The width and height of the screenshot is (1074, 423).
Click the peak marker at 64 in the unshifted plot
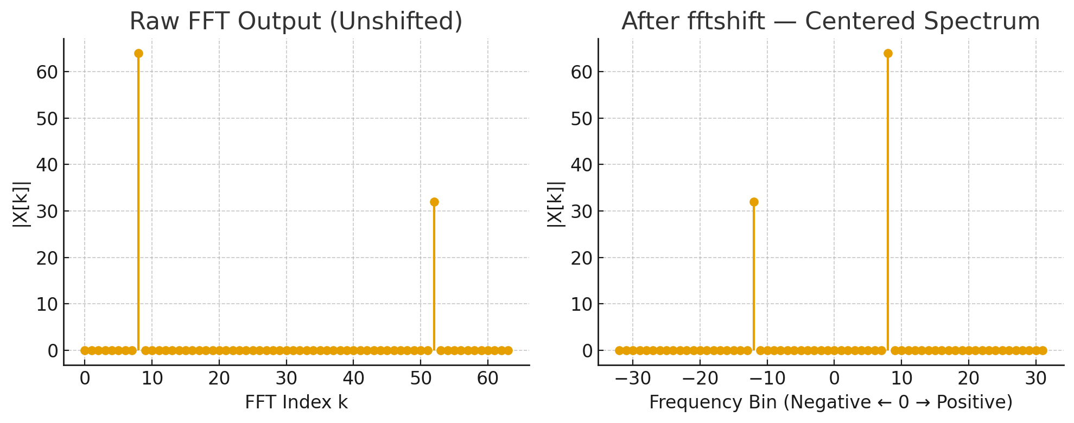(138, 53)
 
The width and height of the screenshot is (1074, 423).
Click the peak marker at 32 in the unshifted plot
(434, 202)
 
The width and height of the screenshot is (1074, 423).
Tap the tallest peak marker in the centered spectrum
(888, 53)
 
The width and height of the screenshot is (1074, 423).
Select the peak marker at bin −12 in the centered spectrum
(754, 202)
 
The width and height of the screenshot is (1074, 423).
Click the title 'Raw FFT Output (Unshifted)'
(296, 22)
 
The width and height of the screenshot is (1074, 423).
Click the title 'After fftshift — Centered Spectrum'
(830, 22)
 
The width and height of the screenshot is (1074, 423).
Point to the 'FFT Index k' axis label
(296, 402)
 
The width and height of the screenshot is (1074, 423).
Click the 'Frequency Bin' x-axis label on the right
(830, 402)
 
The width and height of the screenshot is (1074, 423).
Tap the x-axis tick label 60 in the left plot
(488, 378)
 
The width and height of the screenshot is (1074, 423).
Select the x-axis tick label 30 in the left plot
(286, 378)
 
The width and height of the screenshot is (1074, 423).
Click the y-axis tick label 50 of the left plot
(47, 119)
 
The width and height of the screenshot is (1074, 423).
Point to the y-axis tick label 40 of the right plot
(582, 165)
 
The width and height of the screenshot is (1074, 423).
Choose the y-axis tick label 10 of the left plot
(47, 304)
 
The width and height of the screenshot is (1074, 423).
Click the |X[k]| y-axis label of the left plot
(21, 203)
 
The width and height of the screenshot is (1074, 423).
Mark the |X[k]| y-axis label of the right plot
(556, 203)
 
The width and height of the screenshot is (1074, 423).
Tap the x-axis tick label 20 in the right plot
(968, 378)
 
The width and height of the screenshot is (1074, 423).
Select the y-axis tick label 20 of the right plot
(582, 258)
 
